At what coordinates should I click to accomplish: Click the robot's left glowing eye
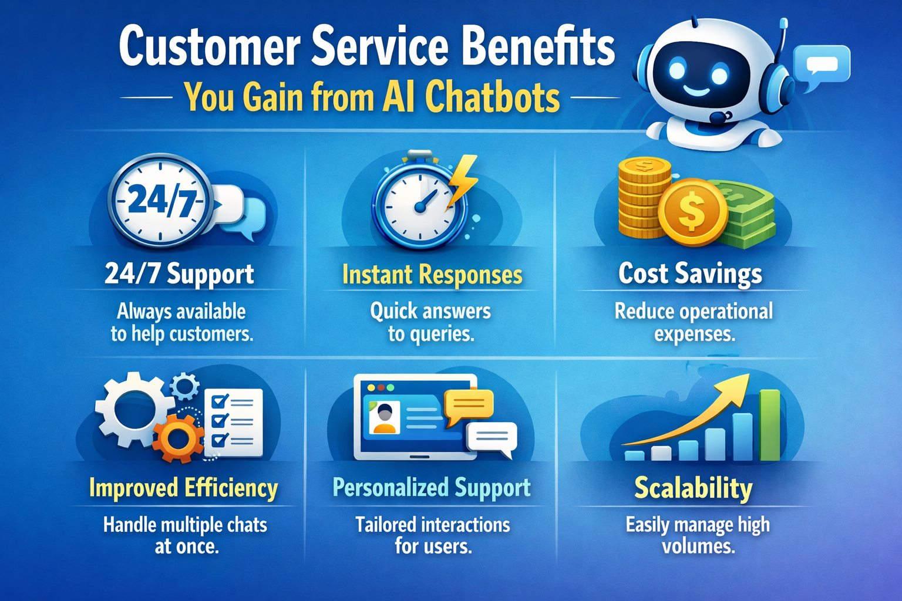click(x=677, y=70)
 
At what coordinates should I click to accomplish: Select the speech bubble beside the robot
click(x=821, y=65)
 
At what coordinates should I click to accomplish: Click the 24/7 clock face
click(x=160, y=200)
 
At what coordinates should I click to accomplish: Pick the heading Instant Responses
click(x=432, y=275)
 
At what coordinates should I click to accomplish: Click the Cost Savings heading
click(x=690, y=274)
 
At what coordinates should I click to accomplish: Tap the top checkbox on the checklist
click(x=220, y=401)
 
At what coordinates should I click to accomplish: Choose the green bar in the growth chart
click(x=769, y=425)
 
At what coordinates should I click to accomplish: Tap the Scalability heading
click(x=693, y=488)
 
